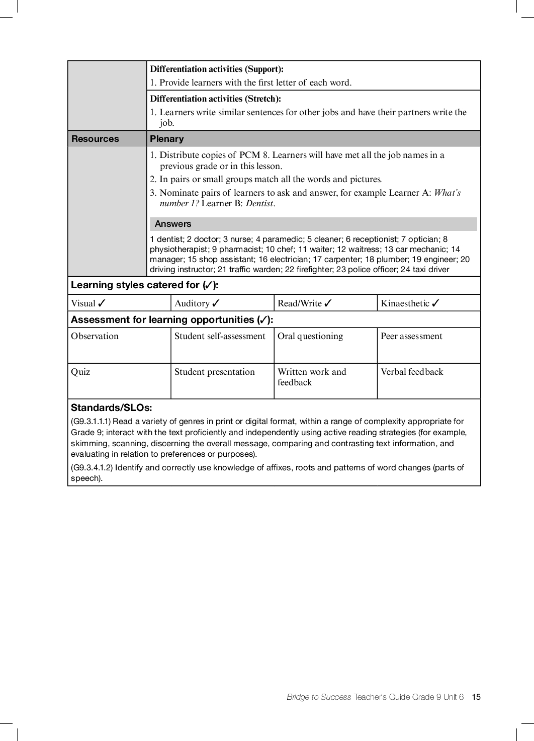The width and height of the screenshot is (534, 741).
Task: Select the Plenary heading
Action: [167, 139]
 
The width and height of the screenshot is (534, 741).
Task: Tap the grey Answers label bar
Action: [313, 224]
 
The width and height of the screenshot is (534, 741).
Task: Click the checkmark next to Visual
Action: [102, 303]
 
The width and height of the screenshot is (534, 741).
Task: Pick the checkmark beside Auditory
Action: [216, 303]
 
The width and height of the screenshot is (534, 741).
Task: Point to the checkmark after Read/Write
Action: [328, 303]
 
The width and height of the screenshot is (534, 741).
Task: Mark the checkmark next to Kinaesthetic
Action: [435, 303]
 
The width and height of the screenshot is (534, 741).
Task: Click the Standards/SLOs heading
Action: [111, 407]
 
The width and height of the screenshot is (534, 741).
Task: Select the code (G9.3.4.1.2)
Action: [92, 467]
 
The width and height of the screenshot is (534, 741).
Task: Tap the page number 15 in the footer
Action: [476, 697]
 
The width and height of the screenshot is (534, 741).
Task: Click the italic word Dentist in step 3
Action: [259, 203]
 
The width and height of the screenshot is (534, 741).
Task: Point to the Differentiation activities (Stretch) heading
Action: [215, 99]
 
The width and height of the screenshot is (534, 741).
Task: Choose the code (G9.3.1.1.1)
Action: [91, 421]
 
